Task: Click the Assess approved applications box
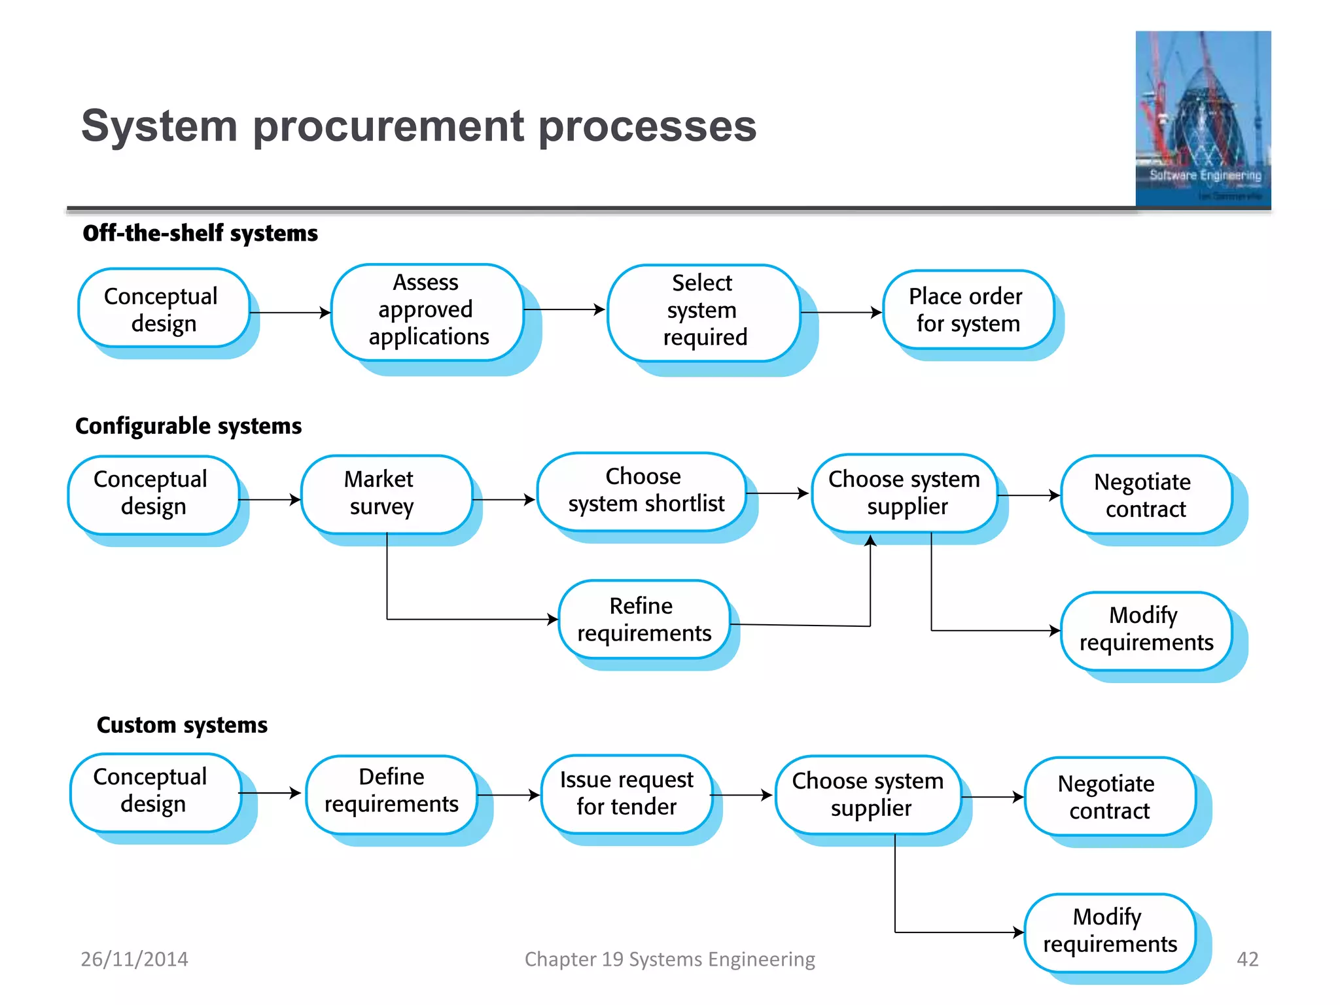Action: tap(427, 310)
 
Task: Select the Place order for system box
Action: tap(967, 309)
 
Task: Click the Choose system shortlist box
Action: tap(643, 491)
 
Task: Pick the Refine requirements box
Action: tap(644, 619)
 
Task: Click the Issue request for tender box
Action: tap(626, 793)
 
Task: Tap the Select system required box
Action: tap(703, 310)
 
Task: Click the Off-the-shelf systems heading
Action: tap(200, 234)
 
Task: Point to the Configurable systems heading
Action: tap(188, 426)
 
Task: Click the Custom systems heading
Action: tap(182, 725)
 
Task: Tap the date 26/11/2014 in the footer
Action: tap(134, 959)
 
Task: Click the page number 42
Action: tap(1247, 959)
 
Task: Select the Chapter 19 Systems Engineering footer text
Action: tap(669, 959)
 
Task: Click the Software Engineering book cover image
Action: tap(1203, 119)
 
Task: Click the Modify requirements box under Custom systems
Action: tap(1110, 932)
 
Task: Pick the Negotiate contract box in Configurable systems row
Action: tap(1145, 495)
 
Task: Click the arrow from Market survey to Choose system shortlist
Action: tap(504, 500)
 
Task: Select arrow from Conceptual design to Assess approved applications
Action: tap(289, 313)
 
